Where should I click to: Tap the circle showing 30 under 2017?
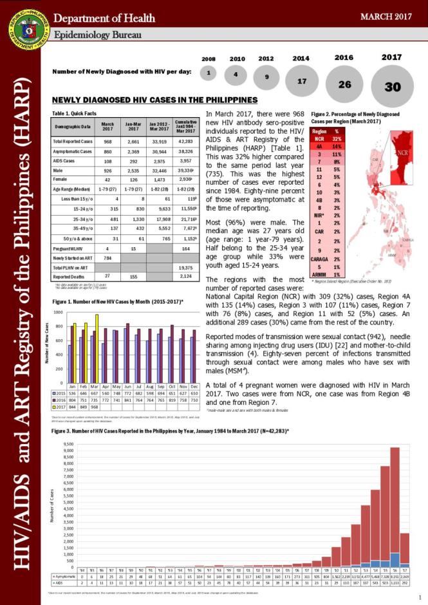pos(393,86)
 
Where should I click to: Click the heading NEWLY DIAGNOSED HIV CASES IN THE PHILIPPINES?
pos(155,100)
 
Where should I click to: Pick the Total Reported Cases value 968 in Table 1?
pos(108,141)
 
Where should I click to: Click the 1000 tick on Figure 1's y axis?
pos(59,312)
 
